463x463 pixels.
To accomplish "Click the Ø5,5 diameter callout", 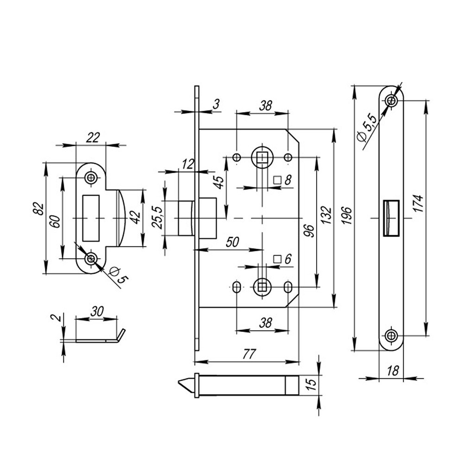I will (367, 129).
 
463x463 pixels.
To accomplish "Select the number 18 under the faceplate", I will (393, 371).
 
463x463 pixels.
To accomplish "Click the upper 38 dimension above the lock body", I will (265, 106).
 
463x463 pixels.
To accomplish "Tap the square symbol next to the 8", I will (278, 180).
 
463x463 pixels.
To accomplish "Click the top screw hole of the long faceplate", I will (392, 101).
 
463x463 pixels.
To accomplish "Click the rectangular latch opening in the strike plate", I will (91, 218).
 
